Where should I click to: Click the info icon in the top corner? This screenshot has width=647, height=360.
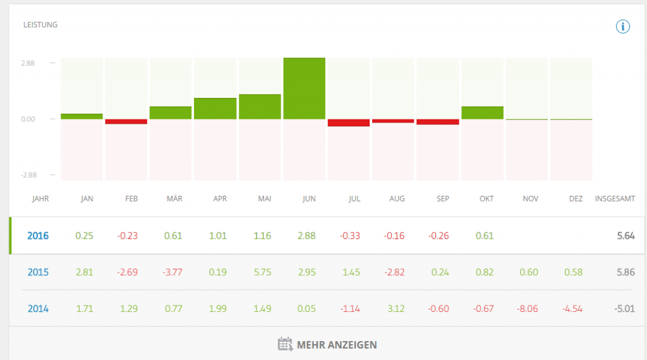click(623, 27)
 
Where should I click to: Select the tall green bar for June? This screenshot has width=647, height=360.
click(305, 88)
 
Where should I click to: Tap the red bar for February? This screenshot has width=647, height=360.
click(126, 121)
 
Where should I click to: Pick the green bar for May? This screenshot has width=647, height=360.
click(260, 107)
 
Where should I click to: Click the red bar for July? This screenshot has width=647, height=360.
click(349, 123)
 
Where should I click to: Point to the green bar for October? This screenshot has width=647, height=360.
click(483, 112)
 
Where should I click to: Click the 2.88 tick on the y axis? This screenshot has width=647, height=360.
click(28, 63)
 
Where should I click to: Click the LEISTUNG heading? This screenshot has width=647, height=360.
click(40, 25)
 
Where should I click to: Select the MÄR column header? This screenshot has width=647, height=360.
click(174, 199)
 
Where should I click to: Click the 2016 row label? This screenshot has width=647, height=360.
click(38, 236)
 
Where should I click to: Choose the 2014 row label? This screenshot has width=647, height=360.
click(38, 309)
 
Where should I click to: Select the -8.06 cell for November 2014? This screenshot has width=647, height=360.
click(531, 309)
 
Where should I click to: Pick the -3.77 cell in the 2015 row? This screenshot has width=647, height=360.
click(173, 272)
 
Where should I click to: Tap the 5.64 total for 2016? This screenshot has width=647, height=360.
click(626, 236)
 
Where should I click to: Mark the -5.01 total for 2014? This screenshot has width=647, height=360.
click(624, 309)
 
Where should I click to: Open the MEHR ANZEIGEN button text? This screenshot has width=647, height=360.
click(337, 345)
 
